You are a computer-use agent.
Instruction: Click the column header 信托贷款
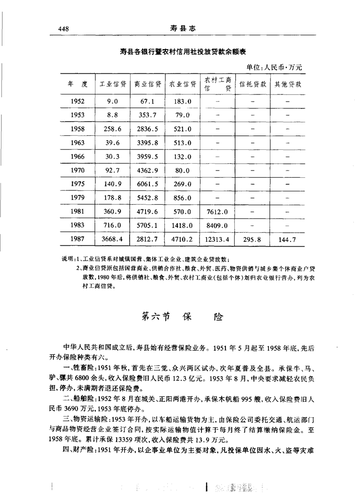pyautogui.click(x=253, y=84)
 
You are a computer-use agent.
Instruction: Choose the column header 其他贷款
pyautogui.click(x=288, y=84)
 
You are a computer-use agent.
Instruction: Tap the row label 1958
pyautogui.click(x=77, y=129)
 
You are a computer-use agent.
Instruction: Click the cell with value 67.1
pyautogui.click(x=147, y=102)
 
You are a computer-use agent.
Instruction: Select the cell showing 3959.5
pyautogui.click(x=147, y=157)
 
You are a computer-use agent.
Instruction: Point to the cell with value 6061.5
pyautogui.click(x=147, y=184)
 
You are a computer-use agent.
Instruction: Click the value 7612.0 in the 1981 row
pyautogui.click(x=216, y=212)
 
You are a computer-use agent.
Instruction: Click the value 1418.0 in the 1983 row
pyautogui.click(x=182, y=225)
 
